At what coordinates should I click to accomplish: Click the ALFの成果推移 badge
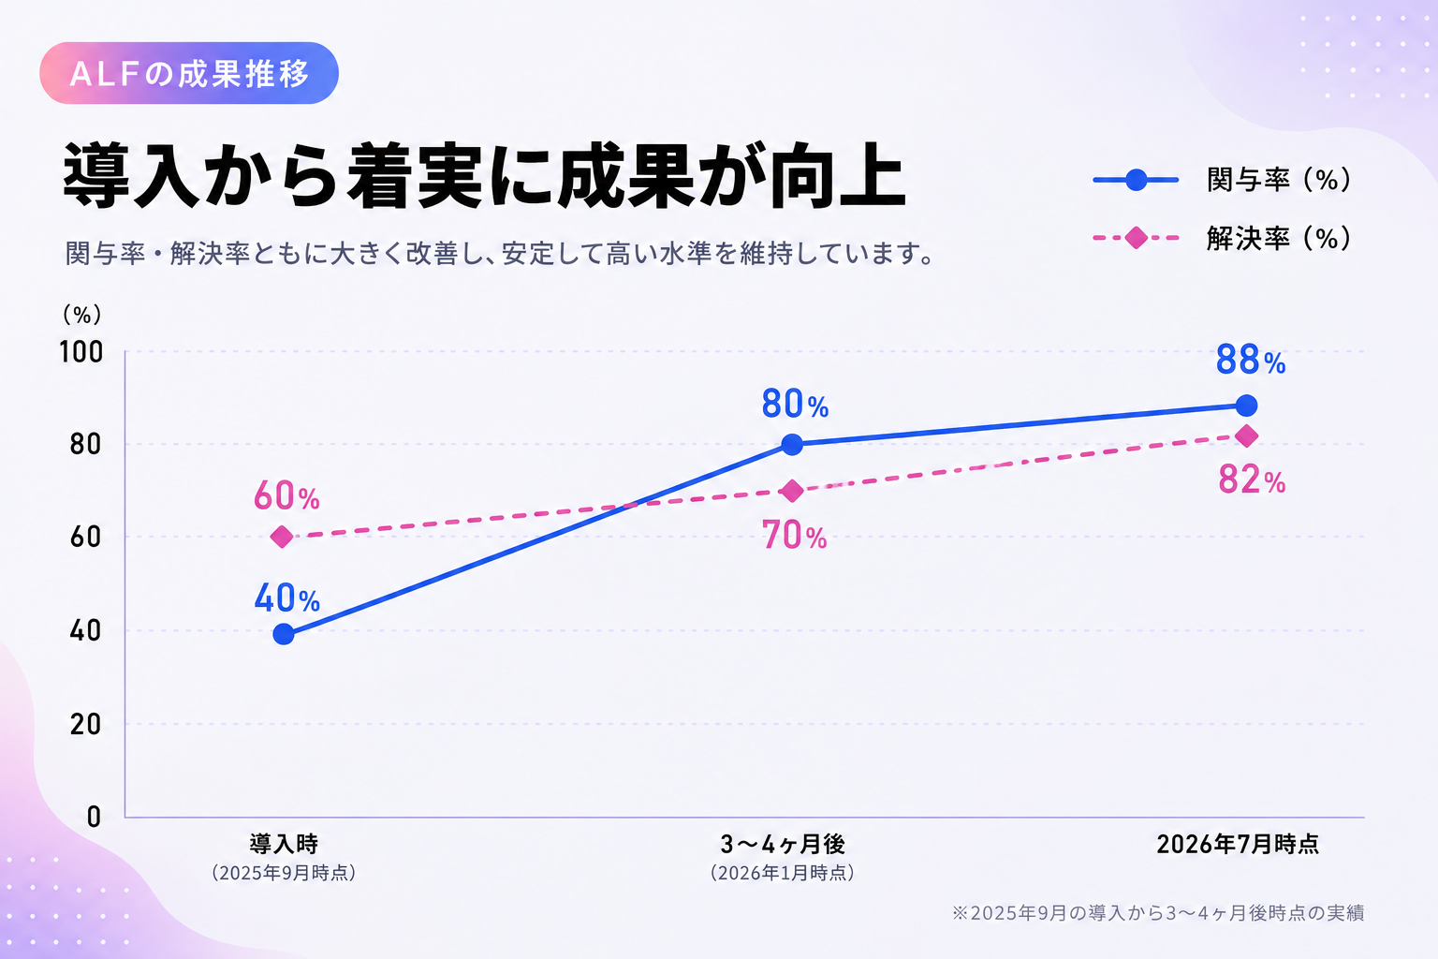(x=189, y=73)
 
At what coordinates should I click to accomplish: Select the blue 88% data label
(x=1251, y=360)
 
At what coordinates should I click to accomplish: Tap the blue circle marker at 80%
(x=792, y=444)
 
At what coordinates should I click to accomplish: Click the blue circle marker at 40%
(x=283, y=635)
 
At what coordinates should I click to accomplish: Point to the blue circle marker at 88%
(x=1246, y=406)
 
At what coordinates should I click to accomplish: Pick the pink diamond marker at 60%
(x=282, y=537)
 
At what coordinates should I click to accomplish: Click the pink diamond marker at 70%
(x=792, y=491)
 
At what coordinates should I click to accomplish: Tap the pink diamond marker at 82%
(x=1246, y=436)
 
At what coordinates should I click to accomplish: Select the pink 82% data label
(x=1252, y=479)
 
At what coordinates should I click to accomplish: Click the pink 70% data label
(x=795, y=536)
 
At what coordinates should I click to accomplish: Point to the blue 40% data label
(x=287, y=598)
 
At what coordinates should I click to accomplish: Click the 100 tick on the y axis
(x=81, y=352)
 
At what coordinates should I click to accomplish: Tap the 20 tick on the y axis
(x=85, y=725)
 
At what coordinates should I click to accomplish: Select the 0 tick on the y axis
(x=94, y=817)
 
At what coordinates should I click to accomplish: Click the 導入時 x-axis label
(x=283, y=844)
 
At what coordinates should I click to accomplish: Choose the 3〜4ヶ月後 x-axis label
(x=783, y=844)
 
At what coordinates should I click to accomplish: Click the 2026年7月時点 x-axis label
(x=1238, y=844)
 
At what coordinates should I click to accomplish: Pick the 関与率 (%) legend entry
(x=1223, y=180)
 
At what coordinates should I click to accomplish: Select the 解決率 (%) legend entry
(x=1223, y=238)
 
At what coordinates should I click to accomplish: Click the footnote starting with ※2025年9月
(x=1158, y=913)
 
